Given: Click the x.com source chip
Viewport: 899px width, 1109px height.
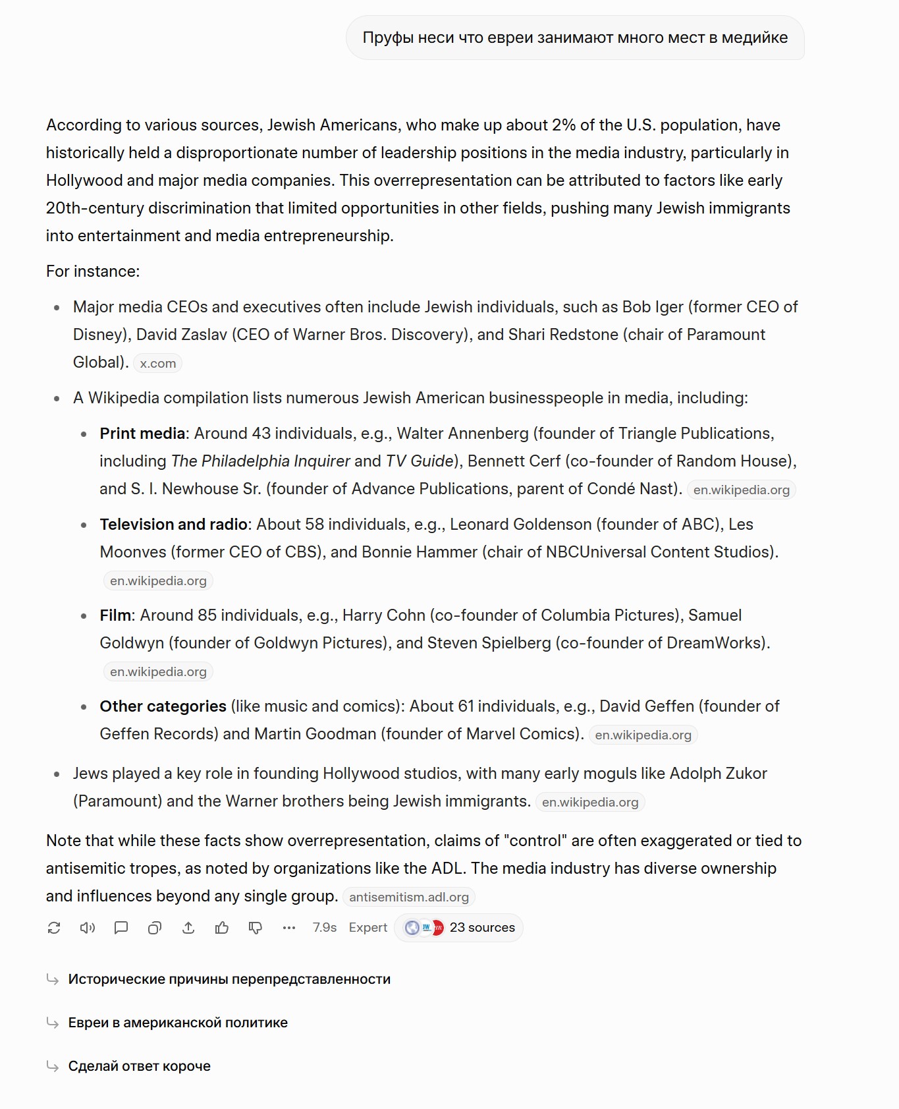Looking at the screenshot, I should pos(157,363).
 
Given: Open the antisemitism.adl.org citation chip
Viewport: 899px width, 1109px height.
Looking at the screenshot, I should pos(408,897).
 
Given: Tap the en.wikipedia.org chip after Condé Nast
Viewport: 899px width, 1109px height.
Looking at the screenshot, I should pos(741,490).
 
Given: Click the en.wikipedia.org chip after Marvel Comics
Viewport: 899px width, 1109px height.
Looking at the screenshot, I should pos(643,735).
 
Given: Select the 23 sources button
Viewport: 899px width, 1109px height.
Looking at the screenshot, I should pos(459,928).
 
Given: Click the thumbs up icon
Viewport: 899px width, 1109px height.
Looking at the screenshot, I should pos(222,928).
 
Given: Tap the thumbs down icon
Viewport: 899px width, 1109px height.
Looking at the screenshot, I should pos(256,928).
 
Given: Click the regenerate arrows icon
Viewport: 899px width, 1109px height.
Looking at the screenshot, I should pos(54,928).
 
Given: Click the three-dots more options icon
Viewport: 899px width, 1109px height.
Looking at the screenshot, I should pos(289,928).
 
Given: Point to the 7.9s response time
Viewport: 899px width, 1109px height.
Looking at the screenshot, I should pos(324,928).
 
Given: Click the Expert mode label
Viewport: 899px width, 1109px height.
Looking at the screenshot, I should pos(368,928).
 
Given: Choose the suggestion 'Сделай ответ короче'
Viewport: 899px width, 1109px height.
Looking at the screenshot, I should pos(139,1066).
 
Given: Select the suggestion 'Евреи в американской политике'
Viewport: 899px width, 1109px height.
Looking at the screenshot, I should pos(178,1023).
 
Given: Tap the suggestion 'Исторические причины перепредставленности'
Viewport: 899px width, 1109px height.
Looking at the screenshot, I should pos(229,979).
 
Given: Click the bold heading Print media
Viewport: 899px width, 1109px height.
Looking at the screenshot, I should pos(142,434).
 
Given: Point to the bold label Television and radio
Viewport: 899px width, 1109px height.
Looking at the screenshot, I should pos(173,525).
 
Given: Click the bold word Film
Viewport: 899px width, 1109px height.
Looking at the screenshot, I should pos(116,615).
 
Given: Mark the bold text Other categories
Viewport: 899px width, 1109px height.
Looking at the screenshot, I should pos(163,706).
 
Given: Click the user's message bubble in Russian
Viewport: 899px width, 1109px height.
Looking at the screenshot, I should pos(575,38).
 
